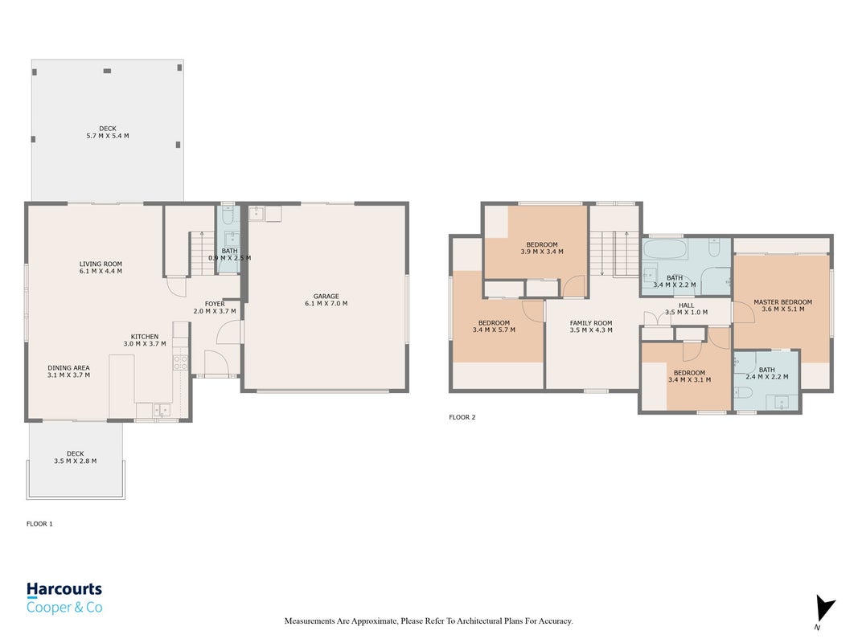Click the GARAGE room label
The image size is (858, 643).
326,296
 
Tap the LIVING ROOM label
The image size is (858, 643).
101,264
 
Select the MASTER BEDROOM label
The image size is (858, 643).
783,302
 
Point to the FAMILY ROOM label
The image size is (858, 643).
591,323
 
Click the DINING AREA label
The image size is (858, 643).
68,368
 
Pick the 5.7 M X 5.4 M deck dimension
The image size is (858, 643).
108,136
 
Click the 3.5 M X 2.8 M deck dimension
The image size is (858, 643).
75,461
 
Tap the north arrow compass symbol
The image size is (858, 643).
824,610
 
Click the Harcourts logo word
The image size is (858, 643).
64,589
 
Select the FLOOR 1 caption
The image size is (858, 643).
39,524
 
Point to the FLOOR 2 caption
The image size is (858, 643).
462,417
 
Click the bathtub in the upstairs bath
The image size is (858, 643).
663,249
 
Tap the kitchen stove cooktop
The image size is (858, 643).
181,362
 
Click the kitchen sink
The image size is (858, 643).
162,410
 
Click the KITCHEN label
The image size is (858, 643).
145,337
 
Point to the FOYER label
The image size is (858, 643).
215,304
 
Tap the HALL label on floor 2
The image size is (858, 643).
686,305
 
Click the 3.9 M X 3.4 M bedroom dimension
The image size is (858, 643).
542,252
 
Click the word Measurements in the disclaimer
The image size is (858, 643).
310,621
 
